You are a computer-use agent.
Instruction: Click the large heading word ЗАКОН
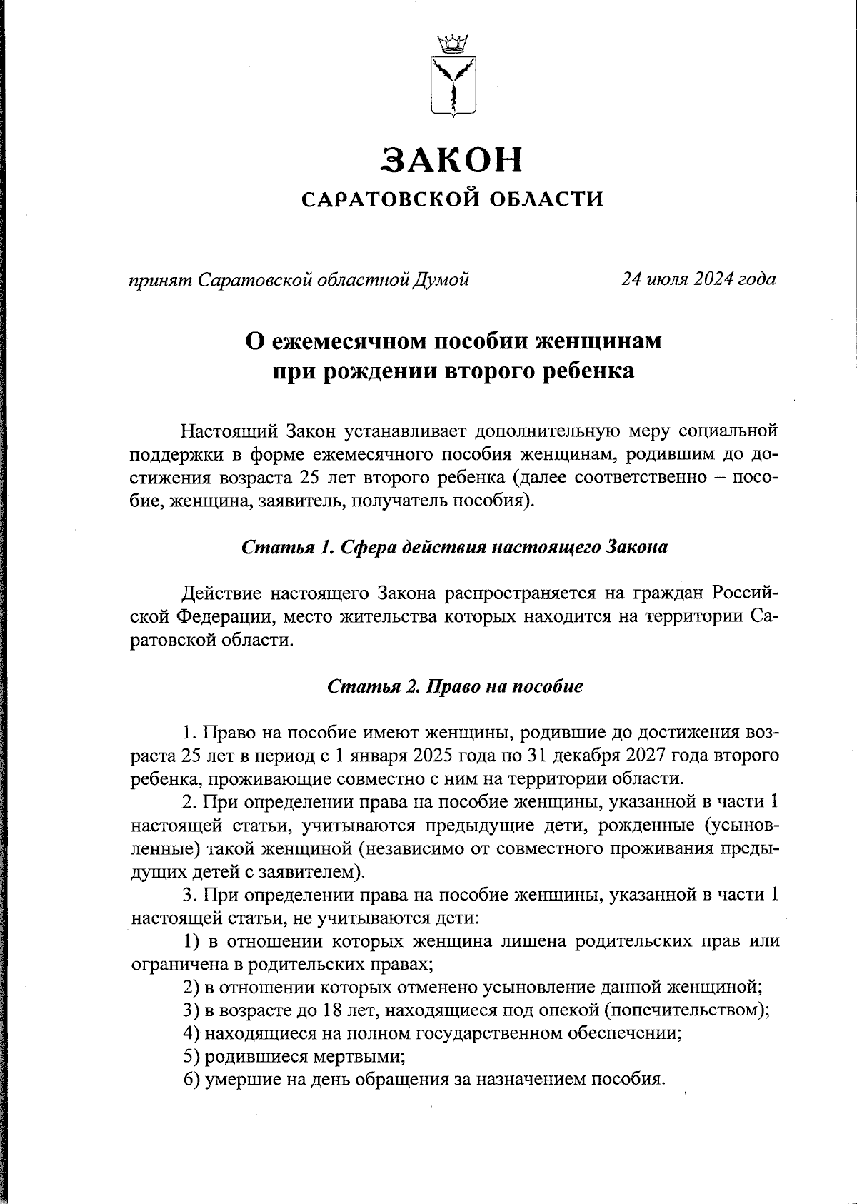coord(452,159)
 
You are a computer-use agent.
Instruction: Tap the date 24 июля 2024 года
coord(698,279)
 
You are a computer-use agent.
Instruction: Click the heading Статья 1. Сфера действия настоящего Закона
coord(455,548)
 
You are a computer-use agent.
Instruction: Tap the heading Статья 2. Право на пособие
coord(455,687)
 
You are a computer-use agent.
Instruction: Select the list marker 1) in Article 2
coord(191,941)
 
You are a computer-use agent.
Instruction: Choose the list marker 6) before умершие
coord(191,1080)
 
